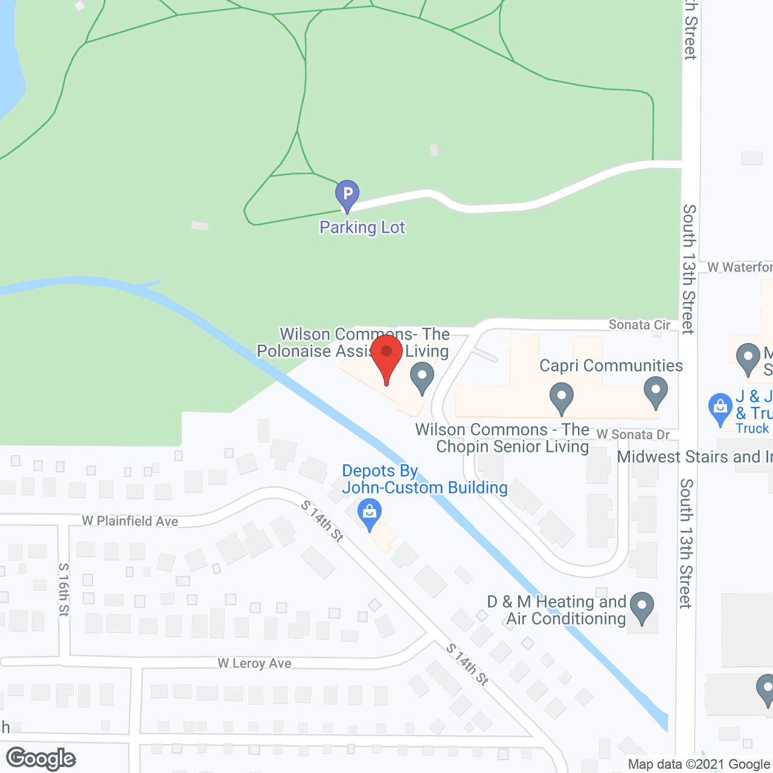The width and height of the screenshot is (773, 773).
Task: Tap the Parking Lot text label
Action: point(362,228)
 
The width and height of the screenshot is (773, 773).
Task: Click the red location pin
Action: point(386,356)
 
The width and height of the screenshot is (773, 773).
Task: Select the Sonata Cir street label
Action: point(639,325)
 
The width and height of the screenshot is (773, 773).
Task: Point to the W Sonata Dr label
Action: point(633,435)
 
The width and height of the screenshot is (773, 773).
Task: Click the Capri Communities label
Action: point(611,366)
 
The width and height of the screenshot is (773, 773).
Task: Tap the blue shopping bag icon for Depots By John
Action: point(369,513)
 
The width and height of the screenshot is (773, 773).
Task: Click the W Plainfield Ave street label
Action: point(130,521)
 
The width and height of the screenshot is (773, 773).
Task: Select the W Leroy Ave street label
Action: point(254,664)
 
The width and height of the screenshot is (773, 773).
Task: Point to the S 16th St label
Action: point(64,590)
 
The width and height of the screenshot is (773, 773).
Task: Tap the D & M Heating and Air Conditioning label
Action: point(557,610)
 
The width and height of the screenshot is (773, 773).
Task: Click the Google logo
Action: point(41,759)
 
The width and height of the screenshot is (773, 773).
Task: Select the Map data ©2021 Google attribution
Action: point(699,765)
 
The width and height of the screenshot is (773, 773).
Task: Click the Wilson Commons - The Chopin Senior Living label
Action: point(502,438)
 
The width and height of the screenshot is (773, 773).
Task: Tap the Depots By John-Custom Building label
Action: point(425,480)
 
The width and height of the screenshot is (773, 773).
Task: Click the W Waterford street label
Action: point(740,267)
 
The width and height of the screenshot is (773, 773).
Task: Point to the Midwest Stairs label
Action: point(694,457)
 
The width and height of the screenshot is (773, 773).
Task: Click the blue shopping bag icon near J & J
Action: point(720,408)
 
